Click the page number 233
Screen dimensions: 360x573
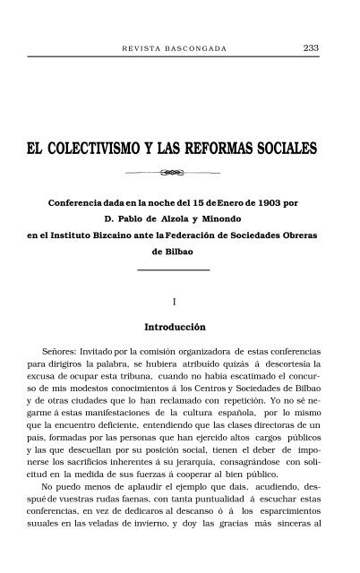pyautogui.click(x=313, y=47)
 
